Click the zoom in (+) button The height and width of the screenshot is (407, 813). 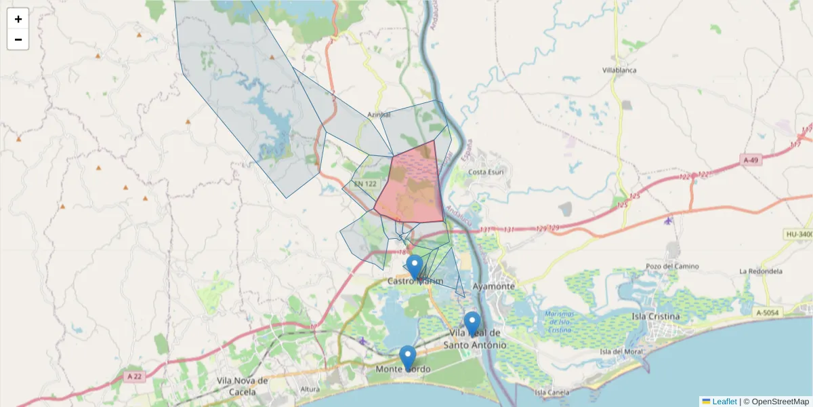(18, 19)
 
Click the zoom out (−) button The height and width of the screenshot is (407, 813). (18, 39)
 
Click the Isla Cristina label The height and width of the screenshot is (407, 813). (655, 317)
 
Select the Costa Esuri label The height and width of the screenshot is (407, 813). (486, 172)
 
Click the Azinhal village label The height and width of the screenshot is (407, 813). (379, 115)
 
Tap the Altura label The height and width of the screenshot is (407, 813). (310, 389)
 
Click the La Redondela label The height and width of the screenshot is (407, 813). (761, 271)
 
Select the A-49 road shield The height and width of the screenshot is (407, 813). (750, 160)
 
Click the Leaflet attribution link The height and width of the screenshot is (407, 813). (724, 402)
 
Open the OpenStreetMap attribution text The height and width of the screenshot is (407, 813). (780, 402)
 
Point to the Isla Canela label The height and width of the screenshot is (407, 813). (551, 392)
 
